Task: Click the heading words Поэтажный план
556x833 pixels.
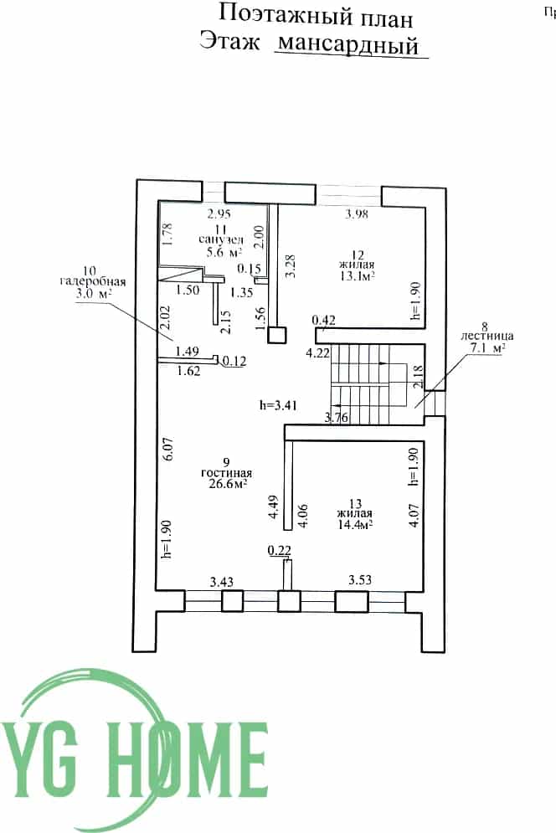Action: click(x=316, y=16)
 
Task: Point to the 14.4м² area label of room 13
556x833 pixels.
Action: click(x=354, y=524)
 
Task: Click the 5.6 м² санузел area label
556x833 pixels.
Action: click(x=224, y=252)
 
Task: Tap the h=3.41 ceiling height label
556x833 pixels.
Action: click(x=278, y=405)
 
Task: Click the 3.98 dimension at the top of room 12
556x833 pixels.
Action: click(x=357, y=214)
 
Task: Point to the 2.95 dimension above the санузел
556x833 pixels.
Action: click(x=219, y=214)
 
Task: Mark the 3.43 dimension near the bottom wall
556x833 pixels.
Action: click(x=221, y=582)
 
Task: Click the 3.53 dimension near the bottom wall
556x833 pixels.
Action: click(x=360, y=579)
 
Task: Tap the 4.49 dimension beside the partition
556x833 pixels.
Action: click(x=274, y=508)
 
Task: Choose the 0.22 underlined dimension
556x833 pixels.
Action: click(x=280, y=550)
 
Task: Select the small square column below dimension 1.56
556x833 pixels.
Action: click(x=276, y=335)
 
